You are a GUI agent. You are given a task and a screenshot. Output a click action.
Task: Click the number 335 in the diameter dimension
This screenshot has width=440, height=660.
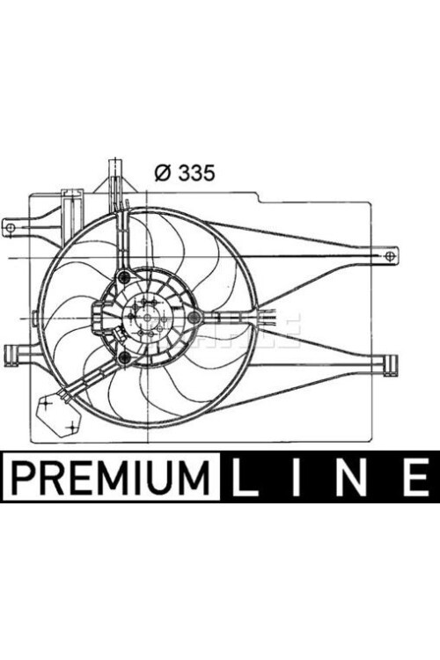pos(196,172)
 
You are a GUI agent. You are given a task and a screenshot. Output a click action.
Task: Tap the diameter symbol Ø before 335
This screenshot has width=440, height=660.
pos(162,172)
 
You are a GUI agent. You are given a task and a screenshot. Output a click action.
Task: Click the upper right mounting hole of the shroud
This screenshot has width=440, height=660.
pos(389,256)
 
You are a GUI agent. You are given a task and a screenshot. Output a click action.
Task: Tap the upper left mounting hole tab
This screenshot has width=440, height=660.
pos(11,228)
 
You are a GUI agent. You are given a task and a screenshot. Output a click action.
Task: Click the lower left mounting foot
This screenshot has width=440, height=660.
pos(12,353)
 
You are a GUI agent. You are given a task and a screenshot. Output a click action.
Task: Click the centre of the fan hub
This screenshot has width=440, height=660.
pos(144,317)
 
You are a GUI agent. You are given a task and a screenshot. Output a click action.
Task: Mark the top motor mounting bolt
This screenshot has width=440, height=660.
pos(123,277)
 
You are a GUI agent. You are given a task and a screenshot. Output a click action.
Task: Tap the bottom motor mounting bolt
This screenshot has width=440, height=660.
pos(124,356)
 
